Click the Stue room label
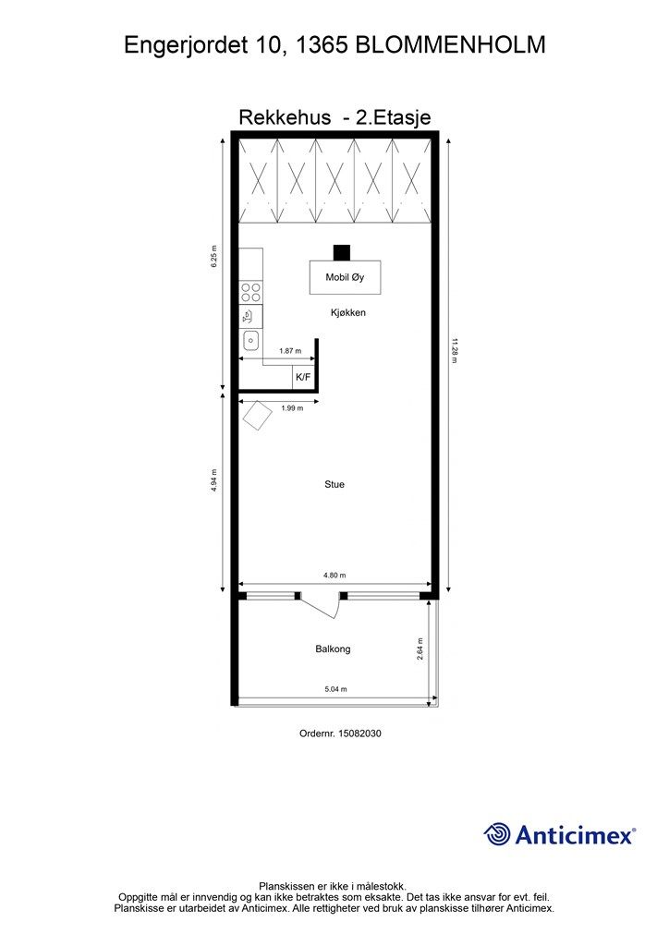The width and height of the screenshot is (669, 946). (334, 484)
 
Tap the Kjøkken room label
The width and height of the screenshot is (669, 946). (348, 312)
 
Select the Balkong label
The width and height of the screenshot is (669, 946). (333, 649)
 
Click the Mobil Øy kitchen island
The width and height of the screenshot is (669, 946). (345, 277)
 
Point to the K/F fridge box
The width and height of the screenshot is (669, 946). (303, 377)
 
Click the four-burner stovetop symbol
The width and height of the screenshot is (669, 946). (251, 293)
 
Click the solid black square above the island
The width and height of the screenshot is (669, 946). (342, 252)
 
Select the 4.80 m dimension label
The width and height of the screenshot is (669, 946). (334, 576)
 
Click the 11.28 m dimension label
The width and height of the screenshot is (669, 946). (455, 350)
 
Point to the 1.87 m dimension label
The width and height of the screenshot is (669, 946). (290, 350)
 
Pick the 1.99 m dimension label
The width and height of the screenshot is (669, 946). (292, 408)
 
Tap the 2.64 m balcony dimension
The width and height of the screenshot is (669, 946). (420, 649)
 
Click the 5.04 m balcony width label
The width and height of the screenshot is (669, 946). (336, 689)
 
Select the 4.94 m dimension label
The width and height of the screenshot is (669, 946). (214, 480)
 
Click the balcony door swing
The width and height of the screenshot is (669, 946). (322, 606)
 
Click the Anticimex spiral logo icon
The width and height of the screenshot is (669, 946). (497, 834)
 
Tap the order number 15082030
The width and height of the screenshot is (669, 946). (360, 734)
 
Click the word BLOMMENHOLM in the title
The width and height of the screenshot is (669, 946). (451, 45)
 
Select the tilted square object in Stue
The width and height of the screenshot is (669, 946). (257, 415)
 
